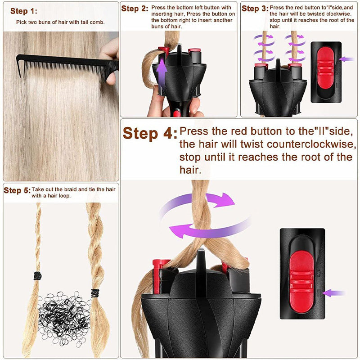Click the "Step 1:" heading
pyautogui.click(x=24, y=11)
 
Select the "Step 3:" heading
pyautogui.click(x=255, y=9)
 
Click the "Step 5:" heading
pyautogui.click(x=17, y=190)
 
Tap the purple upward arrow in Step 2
pyautogui.click(x=161, y=72)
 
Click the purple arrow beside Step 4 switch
pyautogui.click(x=333, y=293)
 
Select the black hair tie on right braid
pyautogui.click(x=95, y=293)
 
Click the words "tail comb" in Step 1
pyautogui.click(x=92, y=22)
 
